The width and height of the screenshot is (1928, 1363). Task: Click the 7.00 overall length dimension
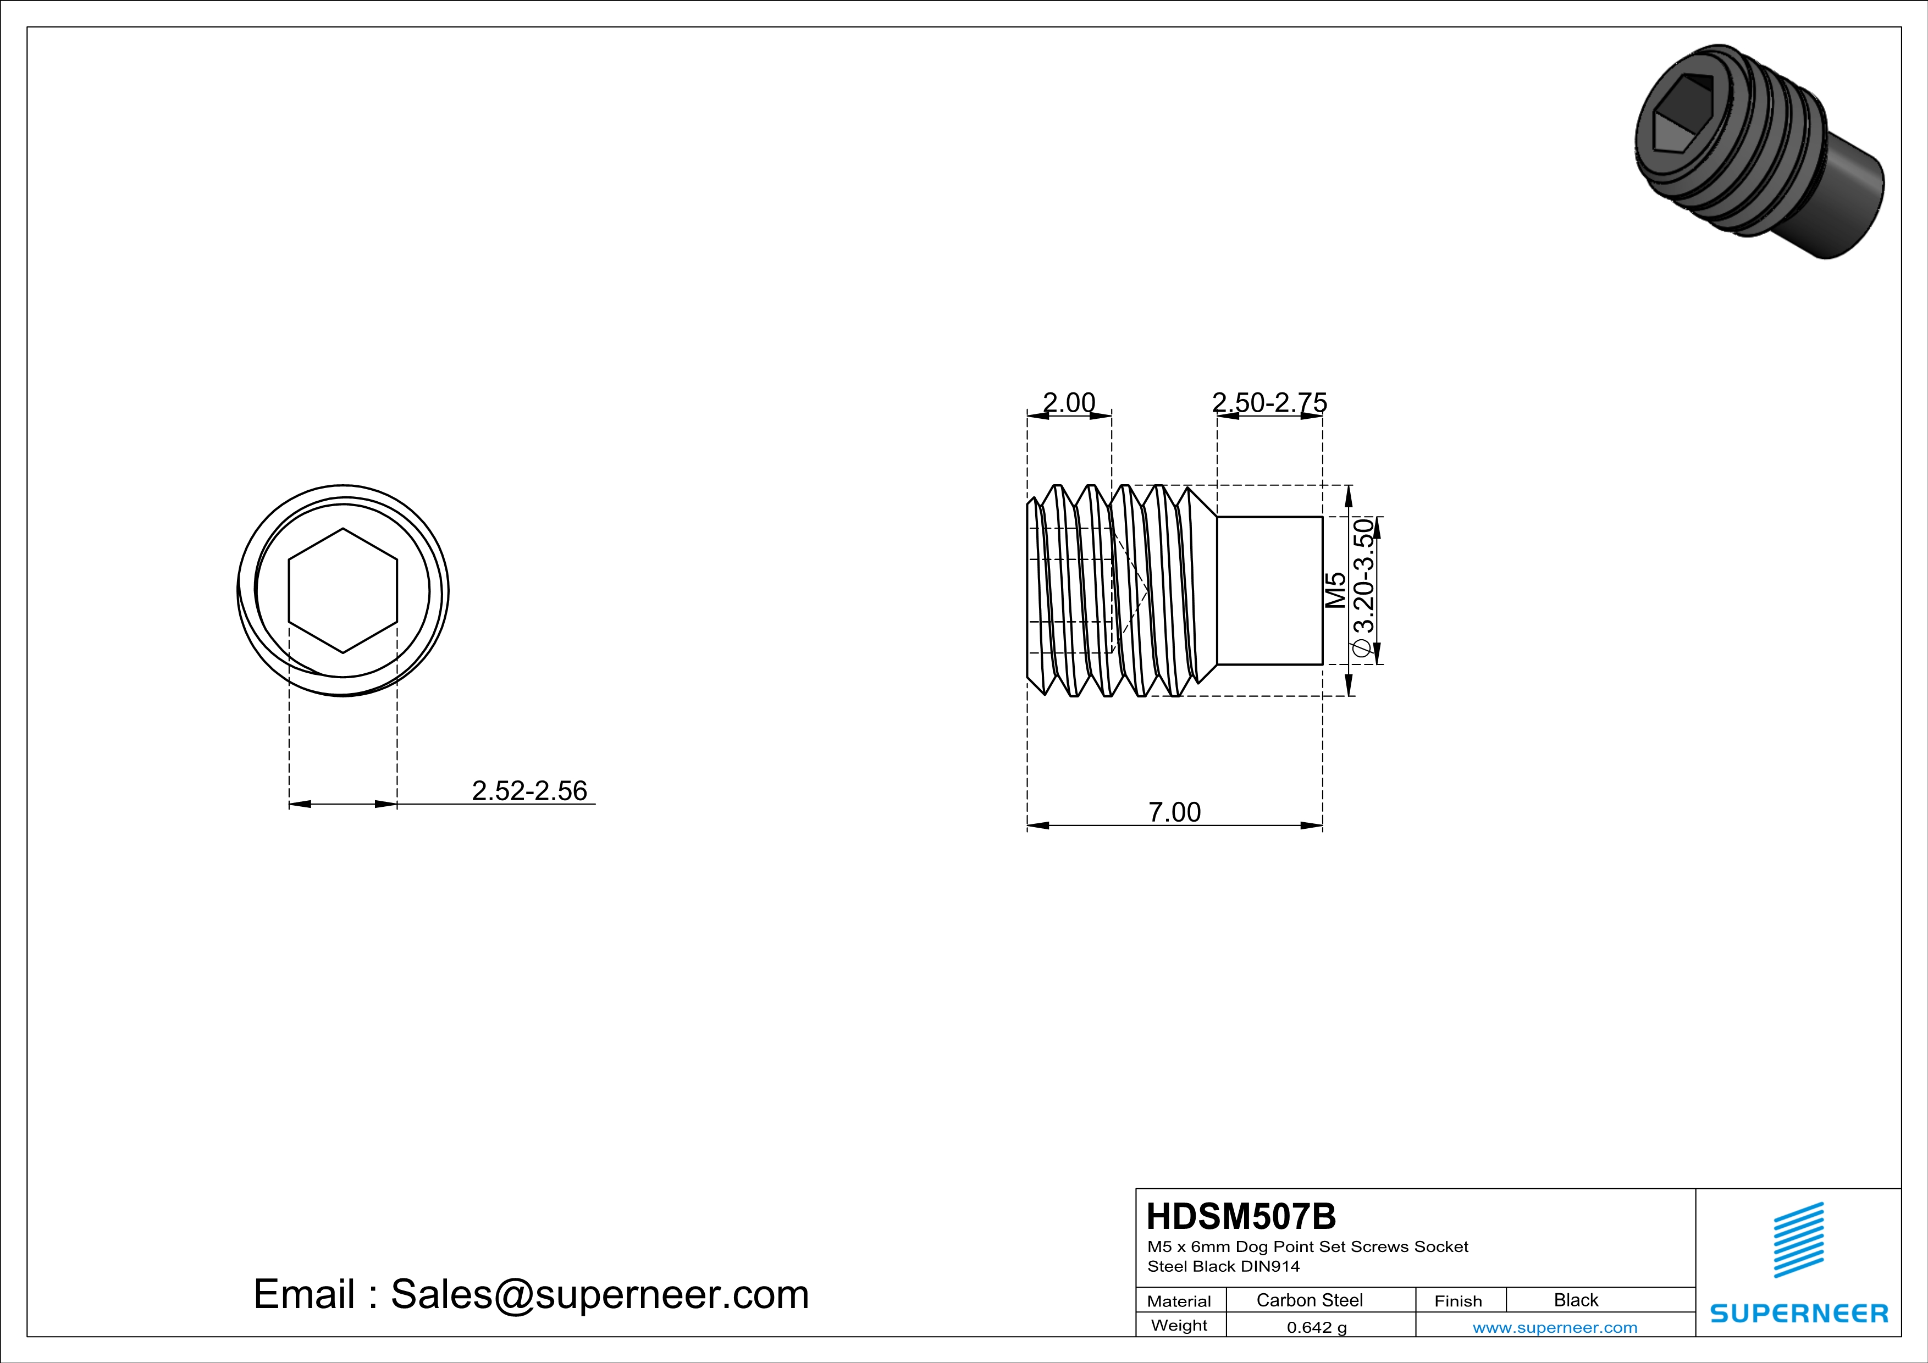1174,812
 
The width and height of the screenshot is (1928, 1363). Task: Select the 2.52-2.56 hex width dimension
529,791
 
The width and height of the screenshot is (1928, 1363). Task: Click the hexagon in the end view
342,591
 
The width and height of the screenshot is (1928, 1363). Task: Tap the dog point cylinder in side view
1269,591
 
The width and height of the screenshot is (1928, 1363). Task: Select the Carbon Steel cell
1308,1300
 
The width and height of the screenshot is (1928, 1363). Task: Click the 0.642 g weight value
1316,1327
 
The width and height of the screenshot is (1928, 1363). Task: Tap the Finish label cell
1458,1301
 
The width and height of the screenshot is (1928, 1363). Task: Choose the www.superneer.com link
1554,1327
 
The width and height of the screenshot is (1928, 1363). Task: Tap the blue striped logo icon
1798,1240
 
